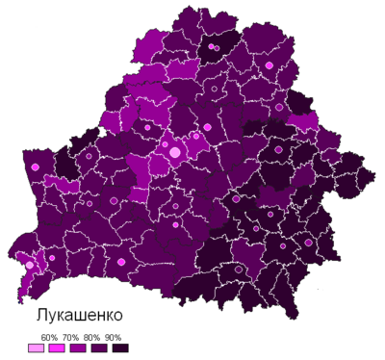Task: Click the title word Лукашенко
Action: [80, 316]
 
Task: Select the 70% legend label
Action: [70, 337]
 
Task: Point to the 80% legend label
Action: [92, 337]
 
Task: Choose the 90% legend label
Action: [114, 337]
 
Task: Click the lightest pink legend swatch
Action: [36, 348]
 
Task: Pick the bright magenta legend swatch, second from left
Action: [57, 348]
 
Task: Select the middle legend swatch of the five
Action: [78, 348]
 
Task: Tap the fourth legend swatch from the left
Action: [99, 348]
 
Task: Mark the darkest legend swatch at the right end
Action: [120, 348]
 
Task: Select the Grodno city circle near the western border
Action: [36, 167]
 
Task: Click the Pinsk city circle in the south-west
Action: [120, 261]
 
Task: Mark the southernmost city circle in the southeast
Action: [237, 270]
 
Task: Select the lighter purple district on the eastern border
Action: [304, 122]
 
